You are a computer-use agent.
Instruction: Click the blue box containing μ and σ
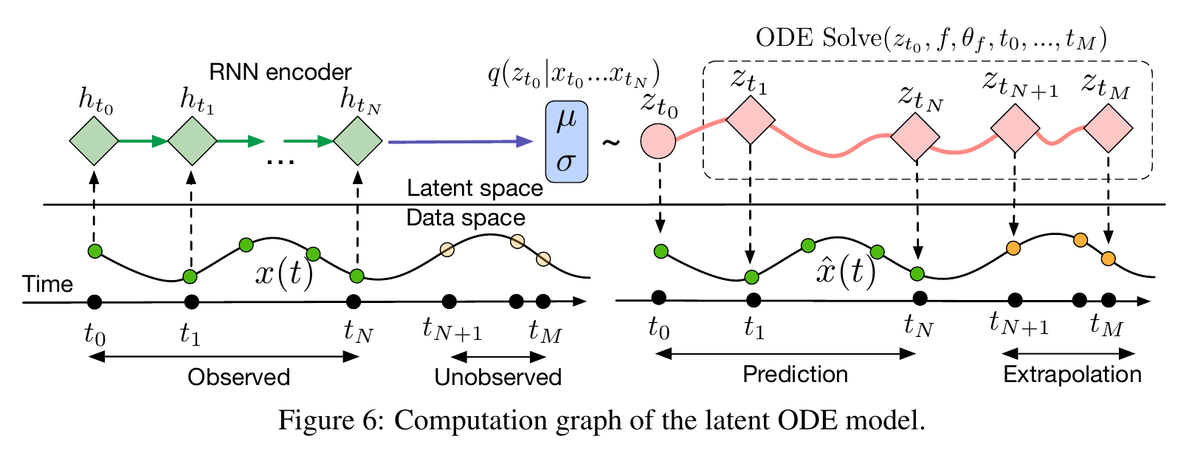(x=566, y=141)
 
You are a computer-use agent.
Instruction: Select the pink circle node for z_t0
(x=658, y=140)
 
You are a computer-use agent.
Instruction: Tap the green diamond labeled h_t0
(x=94, y=140)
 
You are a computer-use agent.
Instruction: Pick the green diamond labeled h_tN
(x=357, y=140)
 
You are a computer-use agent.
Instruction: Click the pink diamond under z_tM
(x=1109, y=128)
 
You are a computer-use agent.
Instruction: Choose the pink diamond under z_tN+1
(x=1015, y=128)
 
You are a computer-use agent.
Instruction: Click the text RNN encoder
(x=280, y=72)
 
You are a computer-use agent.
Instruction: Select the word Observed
(x=238, y=377)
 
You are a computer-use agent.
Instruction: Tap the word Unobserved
(x=497, y=377)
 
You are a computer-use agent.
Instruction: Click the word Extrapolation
(x=1072, y=374)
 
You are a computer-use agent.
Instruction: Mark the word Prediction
(x=795, y=374)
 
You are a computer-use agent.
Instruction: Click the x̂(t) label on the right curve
(x=846, y=272)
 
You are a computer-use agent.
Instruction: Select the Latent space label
(x=475, y=188)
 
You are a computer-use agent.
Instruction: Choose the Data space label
(x=466, y=218)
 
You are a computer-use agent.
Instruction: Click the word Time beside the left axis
(x=48, y=284)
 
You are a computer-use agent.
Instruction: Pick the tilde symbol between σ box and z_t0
(x=611, y=141)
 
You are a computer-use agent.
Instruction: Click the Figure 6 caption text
(x=601, y=421)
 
